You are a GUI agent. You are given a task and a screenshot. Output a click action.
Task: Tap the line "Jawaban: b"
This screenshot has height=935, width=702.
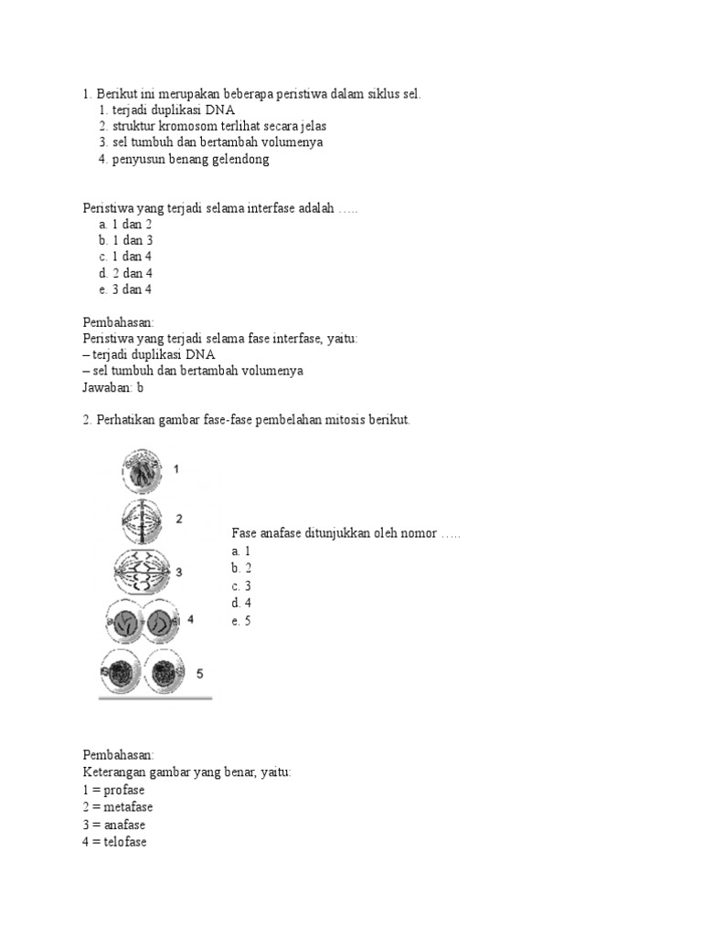click(x=113, y=387)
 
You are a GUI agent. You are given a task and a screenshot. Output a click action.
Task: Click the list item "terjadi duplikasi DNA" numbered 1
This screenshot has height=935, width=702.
click(x=174, y=110)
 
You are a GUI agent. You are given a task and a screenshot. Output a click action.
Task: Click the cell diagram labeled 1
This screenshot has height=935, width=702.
click(x=145, y=470)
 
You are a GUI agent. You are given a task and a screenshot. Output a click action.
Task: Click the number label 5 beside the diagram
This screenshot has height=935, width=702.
click(x=200, y=674)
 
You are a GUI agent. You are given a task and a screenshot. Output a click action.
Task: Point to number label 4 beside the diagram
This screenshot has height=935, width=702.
click(x=190, y=619)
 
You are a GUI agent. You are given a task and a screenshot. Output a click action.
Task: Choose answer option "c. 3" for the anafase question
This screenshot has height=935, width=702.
click(x=241, y=585)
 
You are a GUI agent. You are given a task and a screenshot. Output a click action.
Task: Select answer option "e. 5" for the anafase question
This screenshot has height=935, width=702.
click(x=241, y=621)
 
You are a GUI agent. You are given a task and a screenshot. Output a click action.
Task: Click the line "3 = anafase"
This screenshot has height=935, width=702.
click(x=113, y=825)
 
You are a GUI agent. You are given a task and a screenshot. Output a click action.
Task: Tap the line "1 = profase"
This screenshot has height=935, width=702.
click(x=112, y=790)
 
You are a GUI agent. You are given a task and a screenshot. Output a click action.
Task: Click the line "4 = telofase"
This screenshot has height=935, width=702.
click(x=113, y=842)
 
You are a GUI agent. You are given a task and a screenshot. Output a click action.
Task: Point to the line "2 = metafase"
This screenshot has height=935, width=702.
click(x=116, y=807)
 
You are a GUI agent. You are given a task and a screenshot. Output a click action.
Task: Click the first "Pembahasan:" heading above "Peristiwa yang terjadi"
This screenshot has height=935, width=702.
click(x=118, y=321)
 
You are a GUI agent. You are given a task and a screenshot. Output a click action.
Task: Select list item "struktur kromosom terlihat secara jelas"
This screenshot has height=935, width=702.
click(x=218, y=126)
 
